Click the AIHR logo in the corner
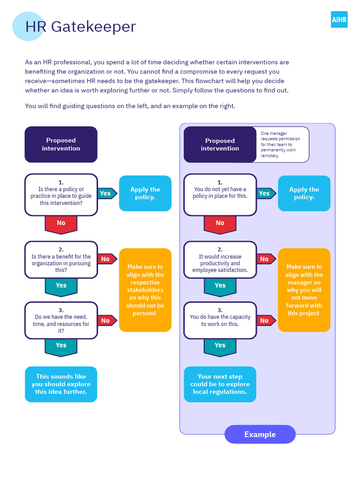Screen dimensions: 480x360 pyautogui.click(x=339, y=20)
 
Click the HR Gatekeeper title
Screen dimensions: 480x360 pyautogui.click(x=80, y=26)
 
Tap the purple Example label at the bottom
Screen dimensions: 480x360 pyautogui.click(x=260, y=435)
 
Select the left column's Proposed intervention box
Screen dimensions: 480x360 pyautogui.click(x=61, y=144)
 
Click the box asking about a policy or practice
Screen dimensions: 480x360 pyautogui.click(x=61, y=195)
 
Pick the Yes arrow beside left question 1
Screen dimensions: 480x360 pyautogui.click(x=106, y=193)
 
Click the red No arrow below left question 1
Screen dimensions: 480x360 pyautogui.click(x=61, y=224)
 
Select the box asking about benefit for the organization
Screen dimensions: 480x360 pyautogui.click(x=61, y=260)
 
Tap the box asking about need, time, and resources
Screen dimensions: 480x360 pyautogui.click(x=61, y=321)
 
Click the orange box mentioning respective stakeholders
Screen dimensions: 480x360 pyautogui.click(x=145, y=290)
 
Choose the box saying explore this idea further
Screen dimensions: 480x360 pyautogui.click(x=61, y=384)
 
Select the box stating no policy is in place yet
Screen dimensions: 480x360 pyautogui.click(x=220, y=195)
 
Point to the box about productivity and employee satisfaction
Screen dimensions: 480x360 pyautogui.click(x=220, y=260)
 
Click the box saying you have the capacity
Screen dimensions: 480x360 pyautogui.click(x=220, y=321)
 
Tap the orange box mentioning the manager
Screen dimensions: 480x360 pyautogui.click(x=304, y=290)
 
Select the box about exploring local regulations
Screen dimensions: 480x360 pyautogui.click(x=220, y=384)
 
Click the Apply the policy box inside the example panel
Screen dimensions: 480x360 pyautogui.click(x=304, y=193)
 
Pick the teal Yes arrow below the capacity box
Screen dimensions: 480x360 pyautogui.click(x=220, y=346)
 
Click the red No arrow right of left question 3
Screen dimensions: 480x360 pyautogui.click(x=106, y=321)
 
